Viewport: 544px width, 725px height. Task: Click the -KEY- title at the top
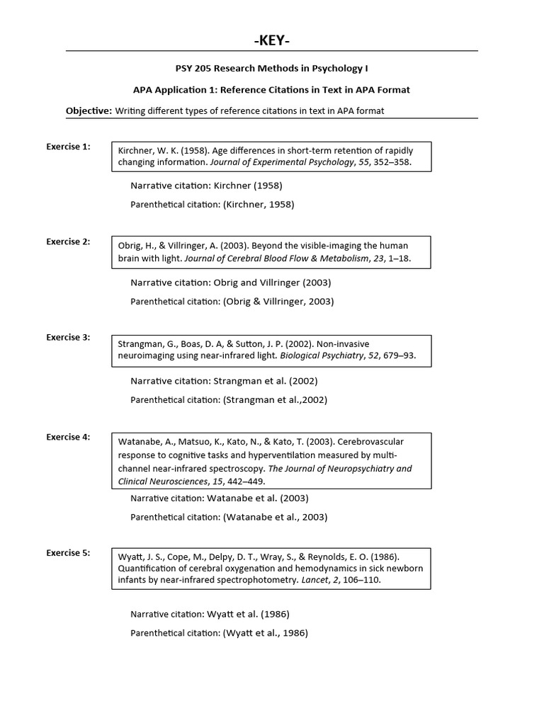tap(272, 41)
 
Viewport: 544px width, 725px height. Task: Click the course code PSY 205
tap(193, 69)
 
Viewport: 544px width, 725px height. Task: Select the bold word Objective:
tap(89, 110)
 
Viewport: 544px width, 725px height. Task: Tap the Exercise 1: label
tap(68, 147)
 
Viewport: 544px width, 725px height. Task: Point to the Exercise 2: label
tap(68, 241)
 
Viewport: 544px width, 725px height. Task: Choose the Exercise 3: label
tap(68, 337)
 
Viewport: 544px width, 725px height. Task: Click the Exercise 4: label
tap(68, 437)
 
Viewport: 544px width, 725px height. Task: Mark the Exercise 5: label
tap(68, 552)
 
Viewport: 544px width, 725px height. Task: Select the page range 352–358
tap(393, 162)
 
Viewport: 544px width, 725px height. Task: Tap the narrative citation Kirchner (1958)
tap(248, 185)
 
